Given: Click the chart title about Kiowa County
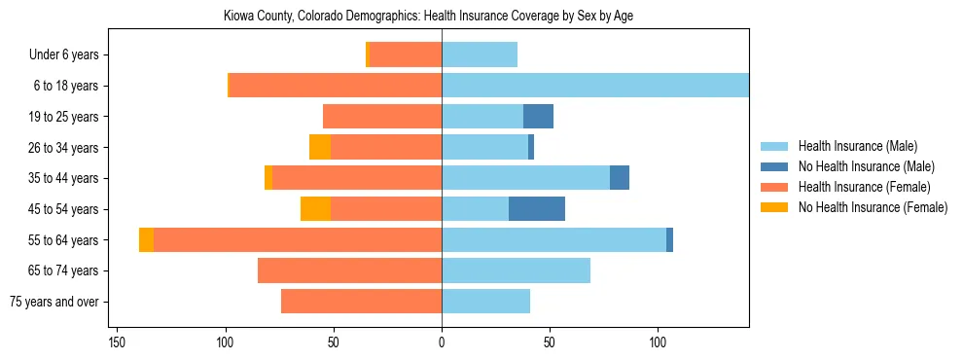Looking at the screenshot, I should [x=442, y=17].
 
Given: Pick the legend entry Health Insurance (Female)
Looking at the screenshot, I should [x=864, y=187].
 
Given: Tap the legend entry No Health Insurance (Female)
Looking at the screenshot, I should [x=873, y=207].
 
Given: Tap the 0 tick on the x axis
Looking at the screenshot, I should [x=442, y=342].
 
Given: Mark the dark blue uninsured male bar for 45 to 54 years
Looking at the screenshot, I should [x=537, y=209].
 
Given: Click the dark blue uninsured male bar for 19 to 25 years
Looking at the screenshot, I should [x=538, y=117].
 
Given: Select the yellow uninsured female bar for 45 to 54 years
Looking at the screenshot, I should [x=315, y=209].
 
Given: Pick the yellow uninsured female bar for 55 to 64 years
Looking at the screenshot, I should [x=146, y=240].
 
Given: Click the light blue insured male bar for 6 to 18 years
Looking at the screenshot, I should [x=595, y=86].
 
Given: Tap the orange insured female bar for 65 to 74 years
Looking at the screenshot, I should [x=349, y=270].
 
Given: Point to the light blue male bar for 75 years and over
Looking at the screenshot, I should [x=485, y=302].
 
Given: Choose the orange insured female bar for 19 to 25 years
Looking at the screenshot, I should [x=382, y=117].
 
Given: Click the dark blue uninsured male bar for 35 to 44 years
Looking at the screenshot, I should [x=620, y=178].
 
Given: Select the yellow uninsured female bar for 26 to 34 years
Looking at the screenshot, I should [x=320, y=148].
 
